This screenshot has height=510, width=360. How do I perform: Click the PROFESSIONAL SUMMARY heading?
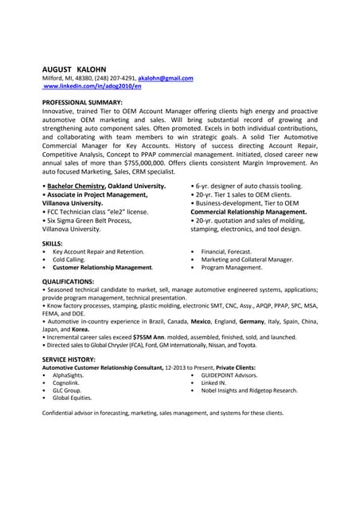click(82, 103)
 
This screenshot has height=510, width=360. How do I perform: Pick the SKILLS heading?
click(53, 242)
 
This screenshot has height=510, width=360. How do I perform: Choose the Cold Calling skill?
click(68, 259)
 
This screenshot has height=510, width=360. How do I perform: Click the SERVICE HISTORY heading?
click(71, 359)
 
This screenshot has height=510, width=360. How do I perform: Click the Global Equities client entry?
click(72, 398)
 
